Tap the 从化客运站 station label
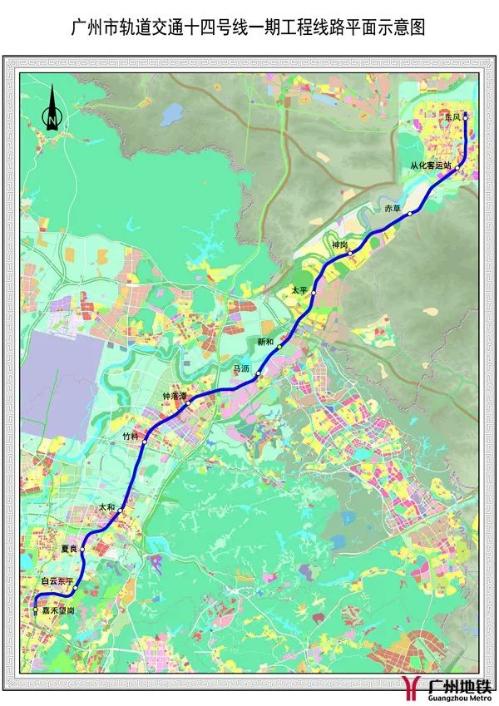pyautogui.click(x=430, y=165)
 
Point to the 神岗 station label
pyautogui.click(x=338, y=244)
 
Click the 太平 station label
pyautogui.click(x=299, y=289)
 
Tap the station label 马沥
pyautogui.click(x=240, y=368)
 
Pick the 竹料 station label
pyautogui.click(x=131, y=435)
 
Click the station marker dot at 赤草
pyautogui.click(x=410, y=215)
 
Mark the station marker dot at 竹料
pyautogui.click(x=145, y=442)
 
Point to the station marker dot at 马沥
pyautogui.click(x=259, y=375)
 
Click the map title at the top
pyautogui.click(x=249, y=28)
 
